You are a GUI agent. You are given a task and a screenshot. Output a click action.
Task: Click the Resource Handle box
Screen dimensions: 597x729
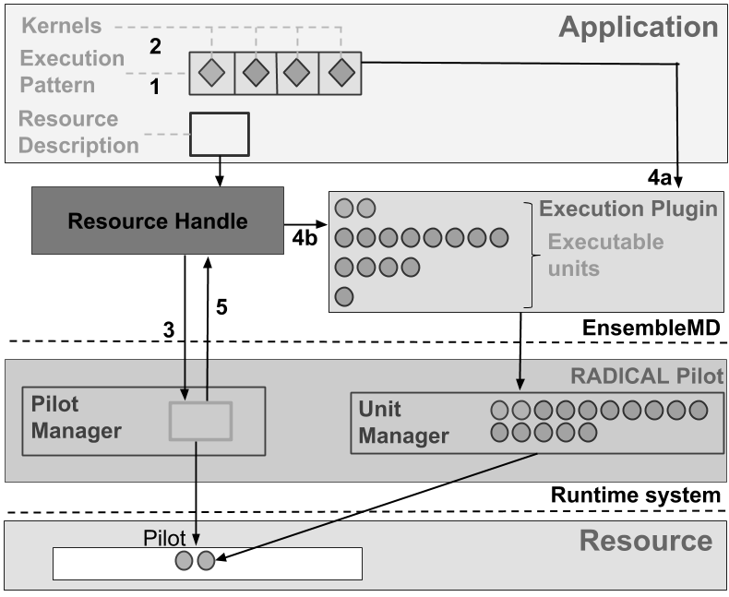(x=158, y=221)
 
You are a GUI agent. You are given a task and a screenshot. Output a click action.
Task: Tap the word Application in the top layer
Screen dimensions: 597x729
(x=638, y=28)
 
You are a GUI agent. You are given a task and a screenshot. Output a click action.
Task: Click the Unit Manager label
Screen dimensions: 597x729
(x=403, y=423)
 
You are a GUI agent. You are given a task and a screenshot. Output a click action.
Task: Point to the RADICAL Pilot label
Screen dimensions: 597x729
(x=647, y=376)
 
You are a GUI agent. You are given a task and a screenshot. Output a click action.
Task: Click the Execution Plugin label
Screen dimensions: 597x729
(x=627, y=209)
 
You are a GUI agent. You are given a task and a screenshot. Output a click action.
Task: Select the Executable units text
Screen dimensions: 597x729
(x=605, y=255)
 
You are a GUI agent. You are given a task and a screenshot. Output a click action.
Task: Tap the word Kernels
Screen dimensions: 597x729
(x=62, y=27)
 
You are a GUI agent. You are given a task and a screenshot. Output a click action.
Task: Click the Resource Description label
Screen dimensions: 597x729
(x=78, y=132)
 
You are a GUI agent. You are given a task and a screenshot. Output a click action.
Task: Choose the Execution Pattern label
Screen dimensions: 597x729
(x=72, y=71)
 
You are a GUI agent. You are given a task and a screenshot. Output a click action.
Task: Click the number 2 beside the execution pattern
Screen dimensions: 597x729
(x=155, y=47)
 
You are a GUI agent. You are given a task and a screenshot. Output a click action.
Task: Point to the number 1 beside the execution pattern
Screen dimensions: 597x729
(x=155, y=87)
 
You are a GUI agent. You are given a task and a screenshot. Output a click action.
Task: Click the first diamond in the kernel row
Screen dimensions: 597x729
(x=212, y=72)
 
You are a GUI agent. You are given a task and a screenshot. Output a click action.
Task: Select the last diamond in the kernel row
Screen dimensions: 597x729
(x=341, y=72)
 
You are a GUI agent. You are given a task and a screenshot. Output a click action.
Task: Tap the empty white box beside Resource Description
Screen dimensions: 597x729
(x=220, y=134)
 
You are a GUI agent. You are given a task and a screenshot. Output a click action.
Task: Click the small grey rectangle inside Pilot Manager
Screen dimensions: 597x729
(x=200, y=421)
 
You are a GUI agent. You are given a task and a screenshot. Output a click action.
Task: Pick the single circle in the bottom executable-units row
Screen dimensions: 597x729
(x=344, y=297)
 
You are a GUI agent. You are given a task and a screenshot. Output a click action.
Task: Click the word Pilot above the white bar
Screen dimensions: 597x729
(x=165, y=537)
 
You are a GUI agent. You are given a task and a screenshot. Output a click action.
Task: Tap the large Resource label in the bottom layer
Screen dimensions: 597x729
(x=645, y=541)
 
